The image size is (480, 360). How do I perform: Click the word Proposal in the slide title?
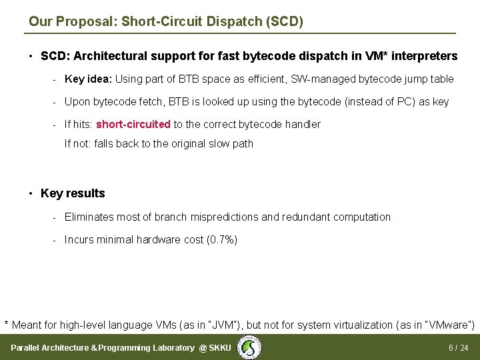click(x=84, y=21)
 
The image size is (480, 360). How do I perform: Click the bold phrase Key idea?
click(x=89, y=79)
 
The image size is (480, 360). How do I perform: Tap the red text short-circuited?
click(x=133, y=125)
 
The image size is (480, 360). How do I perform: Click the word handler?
click(x=303, y=125)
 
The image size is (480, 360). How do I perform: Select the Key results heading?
click(x=73, y=193)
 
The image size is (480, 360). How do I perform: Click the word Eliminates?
click(x=91, y=217)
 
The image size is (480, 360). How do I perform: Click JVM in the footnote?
click(x=226, y=325)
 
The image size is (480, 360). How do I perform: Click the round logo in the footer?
click(x=251, y=347)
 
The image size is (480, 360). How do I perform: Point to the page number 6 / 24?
click(x=458, y=348)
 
